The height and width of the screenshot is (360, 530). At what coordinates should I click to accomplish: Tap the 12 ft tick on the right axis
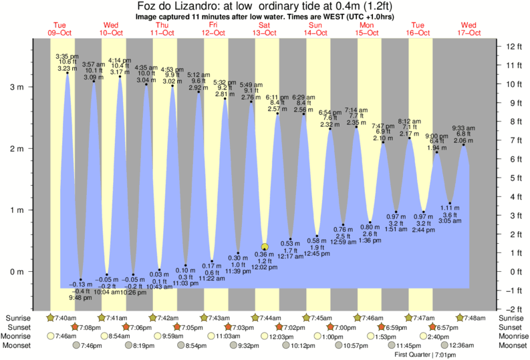[x=514, y=46]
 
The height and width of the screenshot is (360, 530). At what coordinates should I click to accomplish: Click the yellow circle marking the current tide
[x=265, y=246]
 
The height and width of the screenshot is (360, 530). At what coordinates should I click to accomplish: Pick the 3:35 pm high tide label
[x=67, y=56]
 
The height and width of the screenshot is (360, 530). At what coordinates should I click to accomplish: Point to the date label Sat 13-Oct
[x=265, y=29]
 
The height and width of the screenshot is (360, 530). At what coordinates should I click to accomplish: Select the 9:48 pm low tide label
[x=81, y=297]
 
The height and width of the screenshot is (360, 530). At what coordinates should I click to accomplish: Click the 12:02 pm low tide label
[x=265, y=267]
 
